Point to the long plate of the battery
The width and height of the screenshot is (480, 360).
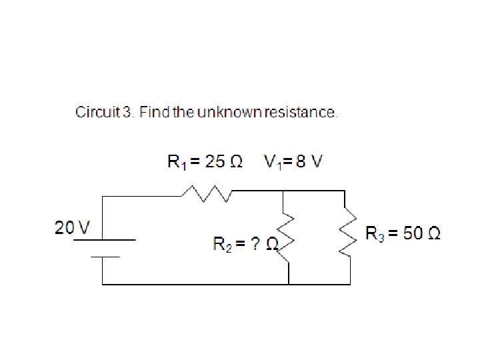click(105, 240)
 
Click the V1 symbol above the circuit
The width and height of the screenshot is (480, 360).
click(272, 162)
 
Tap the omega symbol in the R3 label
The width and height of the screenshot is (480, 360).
click(433, 233)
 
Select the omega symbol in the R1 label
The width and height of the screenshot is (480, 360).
click(235, 161)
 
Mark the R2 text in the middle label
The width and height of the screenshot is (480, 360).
click(221, 243)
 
